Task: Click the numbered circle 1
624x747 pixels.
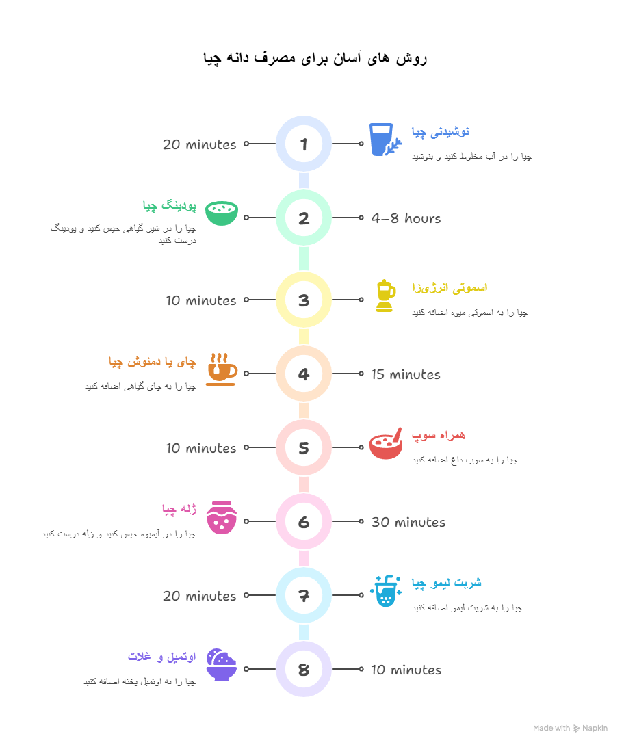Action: (303, 144)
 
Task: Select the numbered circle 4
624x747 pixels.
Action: (303, 373)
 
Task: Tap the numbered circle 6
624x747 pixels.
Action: (303, 521)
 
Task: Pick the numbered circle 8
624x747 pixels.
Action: (303, 669)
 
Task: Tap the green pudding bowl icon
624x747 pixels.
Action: (222, 213)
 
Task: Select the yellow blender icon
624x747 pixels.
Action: (385, 296)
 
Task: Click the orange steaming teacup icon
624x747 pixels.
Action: (222, 369)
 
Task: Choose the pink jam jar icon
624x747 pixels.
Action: (222, 517)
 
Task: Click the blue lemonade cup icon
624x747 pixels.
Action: (386, 591)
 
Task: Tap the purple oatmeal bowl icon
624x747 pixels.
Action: (222, 665)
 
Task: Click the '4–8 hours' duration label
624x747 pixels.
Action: (406, 218)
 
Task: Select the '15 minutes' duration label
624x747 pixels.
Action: (405, 374)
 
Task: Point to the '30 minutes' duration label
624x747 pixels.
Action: (408, 522)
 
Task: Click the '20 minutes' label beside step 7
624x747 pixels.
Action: (200, 596)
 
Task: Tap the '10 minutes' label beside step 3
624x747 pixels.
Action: (201, 300)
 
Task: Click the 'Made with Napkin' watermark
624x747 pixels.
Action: (570, 728)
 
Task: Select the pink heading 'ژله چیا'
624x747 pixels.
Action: (179, 509)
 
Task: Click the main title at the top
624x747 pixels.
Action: (315, 58)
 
